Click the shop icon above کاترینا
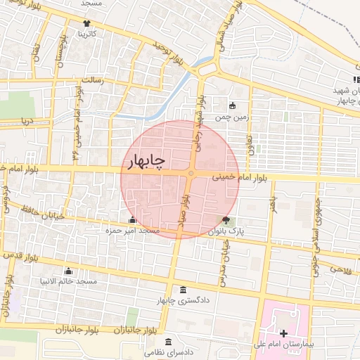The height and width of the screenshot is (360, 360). click(87, 23)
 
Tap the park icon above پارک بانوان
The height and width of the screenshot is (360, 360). click(225, 220)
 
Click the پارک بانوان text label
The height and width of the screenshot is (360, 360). click(226, 231)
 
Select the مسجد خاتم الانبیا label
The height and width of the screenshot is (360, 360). click(68, 282)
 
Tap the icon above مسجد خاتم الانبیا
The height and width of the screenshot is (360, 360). click(68, 271)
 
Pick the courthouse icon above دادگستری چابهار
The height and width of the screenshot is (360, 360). click(184, 291)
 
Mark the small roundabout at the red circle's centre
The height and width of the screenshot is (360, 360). click(191, 174)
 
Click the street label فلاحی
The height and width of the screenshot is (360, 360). click(337, 269)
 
